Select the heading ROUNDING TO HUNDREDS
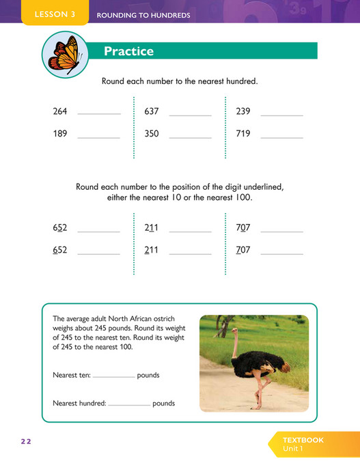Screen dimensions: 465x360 point(143,15)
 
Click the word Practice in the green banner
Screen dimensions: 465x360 point(128,51)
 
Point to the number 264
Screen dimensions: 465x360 point(60,111)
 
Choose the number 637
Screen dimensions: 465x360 point(152,111)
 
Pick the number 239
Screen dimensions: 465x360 point(243,111)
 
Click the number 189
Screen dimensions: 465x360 point(60,134)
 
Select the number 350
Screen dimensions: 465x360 point(152,134)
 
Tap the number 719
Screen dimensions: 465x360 point(243,134)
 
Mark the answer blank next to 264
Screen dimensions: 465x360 point(99,114)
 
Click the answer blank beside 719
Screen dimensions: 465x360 point(281,137)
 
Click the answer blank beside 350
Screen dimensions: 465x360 point(191,137)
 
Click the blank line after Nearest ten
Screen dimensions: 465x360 point(113,377)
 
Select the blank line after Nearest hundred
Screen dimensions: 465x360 point(129,405)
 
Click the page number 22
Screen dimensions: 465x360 point(26,442)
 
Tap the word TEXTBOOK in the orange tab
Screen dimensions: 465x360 point(303,440)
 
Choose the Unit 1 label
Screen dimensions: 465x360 point(294,449)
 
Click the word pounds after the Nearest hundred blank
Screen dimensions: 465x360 point(164,404)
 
